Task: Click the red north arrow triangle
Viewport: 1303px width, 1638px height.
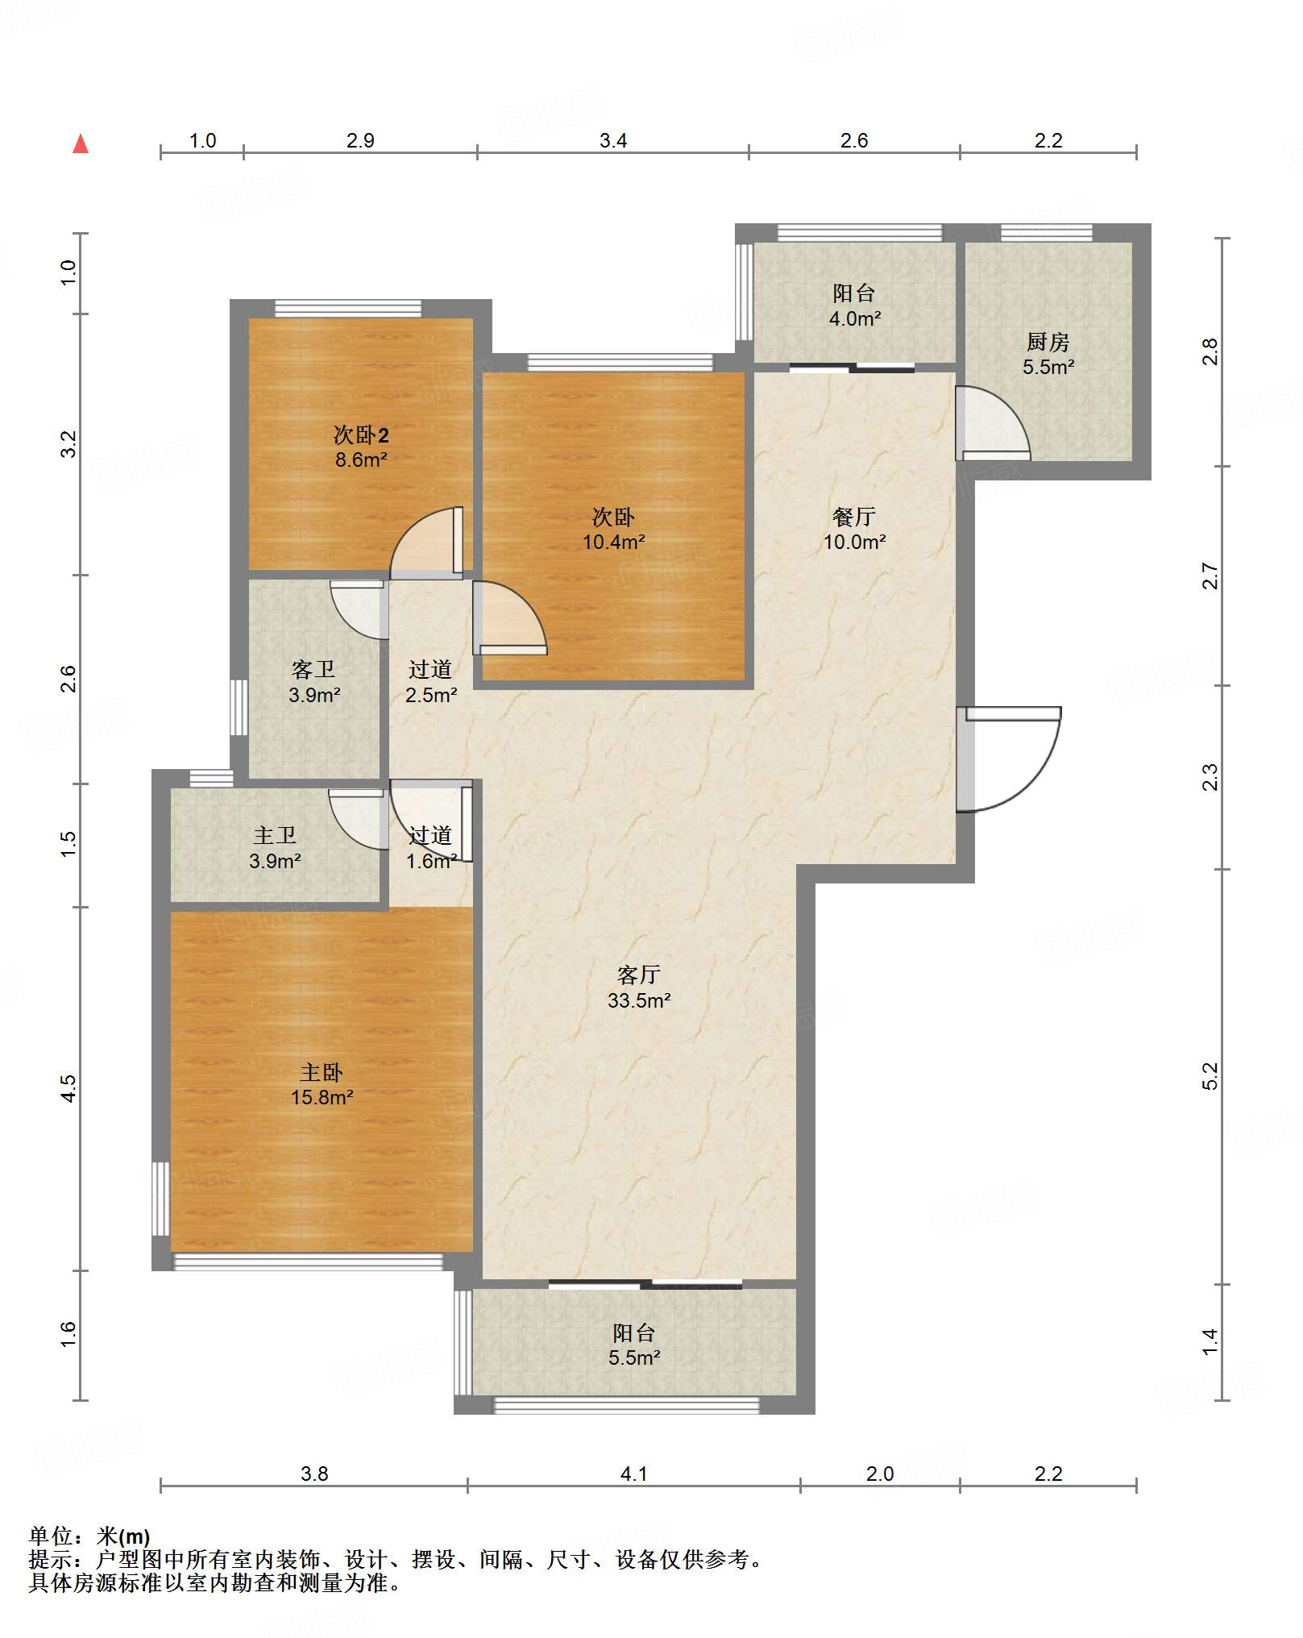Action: point(81,143)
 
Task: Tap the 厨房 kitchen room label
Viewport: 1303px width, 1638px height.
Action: point(1048,342)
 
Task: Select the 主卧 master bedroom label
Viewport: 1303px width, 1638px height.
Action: point(322,1072)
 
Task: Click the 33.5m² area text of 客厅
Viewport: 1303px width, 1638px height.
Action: point(639,1000)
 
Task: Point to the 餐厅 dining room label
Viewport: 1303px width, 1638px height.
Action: point(854,516)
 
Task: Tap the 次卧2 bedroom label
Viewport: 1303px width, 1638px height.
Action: point(361,435)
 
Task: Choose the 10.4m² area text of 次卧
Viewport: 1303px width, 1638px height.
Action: point(613,543)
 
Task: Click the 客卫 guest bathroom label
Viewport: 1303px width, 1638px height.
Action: point(313,669)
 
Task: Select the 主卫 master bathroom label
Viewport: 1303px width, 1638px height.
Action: point(275,835)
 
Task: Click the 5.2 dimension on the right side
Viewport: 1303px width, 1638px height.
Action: point(1210,1076)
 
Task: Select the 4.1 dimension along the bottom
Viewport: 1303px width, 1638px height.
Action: point(634,1474)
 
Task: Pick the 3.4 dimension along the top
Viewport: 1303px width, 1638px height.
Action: point(613,140)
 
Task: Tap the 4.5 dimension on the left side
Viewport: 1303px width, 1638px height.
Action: point(68,1088)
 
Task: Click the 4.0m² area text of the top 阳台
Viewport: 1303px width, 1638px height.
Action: point(855,318)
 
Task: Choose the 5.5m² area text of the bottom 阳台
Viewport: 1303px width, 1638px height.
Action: point(635,1357)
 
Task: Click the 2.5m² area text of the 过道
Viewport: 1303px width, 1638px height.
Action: point(431,695)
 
